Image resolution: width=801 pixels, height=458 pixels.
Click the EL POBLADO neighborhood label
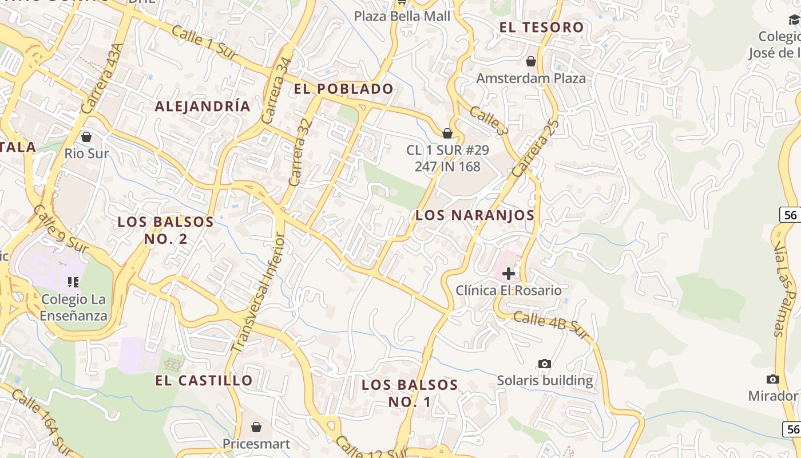[x=343, y=89]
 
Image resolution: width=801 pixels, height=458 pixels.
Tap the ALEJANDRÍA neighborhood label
[x=203, y=106]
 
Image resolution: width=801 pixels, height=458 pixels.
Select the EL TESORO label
[x=541, y=27]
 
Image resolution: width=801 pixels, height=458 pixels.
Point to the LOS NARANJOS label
[x=475, y=215]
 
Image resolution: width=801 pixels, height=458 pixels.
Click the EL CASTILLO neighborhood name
[x=204, y=380]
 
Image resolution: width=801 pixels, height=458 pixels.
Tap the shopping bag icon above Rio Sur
[x=86, y=137]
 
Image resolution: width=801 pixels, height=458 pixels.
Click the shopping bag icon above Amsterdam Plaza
[x=531, y=61]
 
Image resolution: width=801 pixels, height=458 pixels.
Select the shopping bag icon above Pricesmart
[x=256, y=427]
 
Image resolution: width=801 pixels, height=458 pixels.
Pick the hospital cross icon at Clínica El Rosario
[x=508, y=274]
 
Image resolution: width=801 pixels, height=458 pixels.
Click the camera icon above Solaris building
[x=545, y=364]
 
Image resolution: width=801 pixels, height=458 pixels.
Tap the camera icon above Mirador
[x=773, y=379]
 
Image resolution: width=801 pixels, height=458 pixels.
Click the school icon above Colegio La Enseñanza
[x=73, y=282]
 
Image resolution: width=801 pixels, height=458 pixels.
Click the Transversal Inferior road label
[x=257, y=292]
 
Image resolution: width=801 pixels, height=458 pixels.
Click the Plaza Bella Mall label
[x=402, y=16]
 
